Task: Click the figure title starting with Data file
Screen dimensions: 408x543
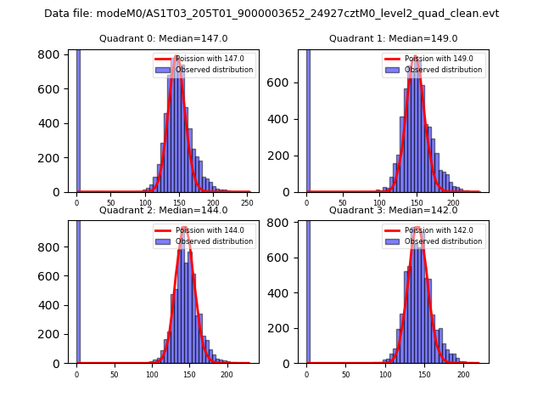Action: [x=271, y=14]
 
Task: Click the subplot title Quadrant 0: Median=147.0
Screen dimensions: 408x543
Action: [x=164, y=38]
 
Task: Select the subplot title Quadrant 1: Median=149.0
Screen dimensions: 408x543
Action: [x=393, y=38]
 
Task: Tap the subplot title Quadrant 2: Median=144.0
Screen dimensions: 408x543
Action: [x=164, y=210]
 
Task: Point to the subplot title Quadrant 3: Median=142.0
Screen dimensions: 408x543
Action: [x=393, y=210]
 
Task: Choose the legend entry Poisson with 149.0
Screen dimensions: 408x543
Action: [x=438, y=59]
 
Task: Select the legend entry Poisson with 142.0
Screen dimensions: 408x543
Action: [x=438, y=230]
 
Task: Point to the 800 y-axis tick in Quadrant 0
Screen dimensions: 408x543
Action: [x=56, y=54]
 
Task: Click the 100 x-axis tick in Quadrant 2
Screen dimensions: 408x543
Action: [x=152, y=374]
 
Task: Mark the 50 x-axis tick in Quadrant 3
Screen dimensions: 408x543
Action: [x=345, y=374]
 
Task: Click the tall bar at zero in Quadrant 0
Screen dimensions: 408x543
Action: [x=78, y=119]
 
